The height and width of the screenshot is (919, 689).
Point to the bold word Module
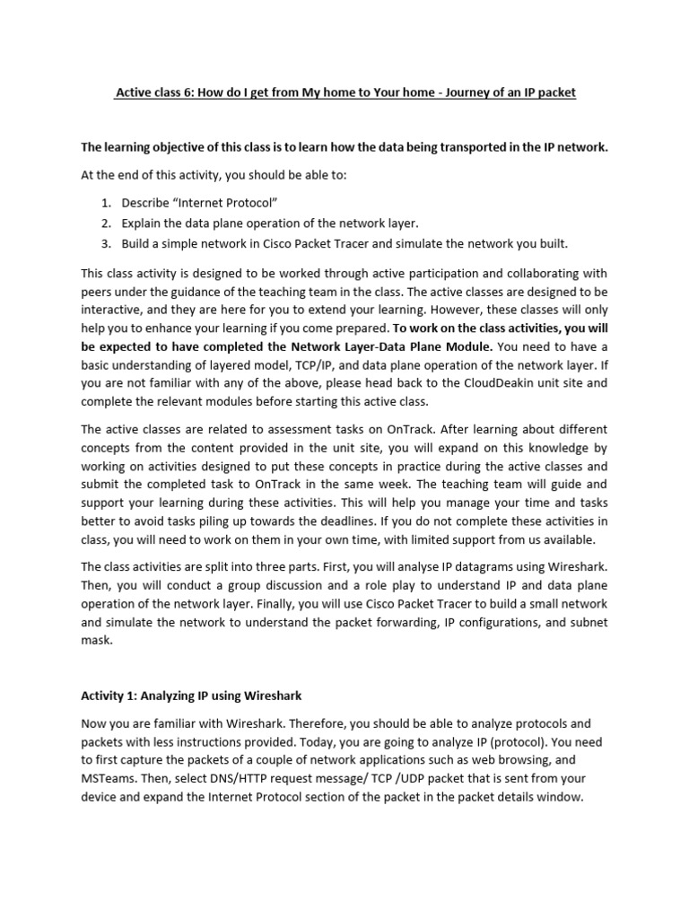469,346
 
